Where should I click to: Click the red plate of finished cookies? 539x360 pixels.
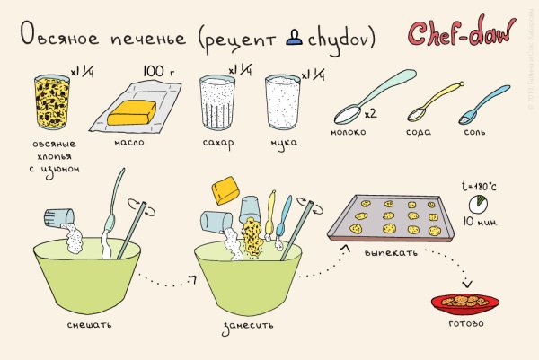coord(464,301)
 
